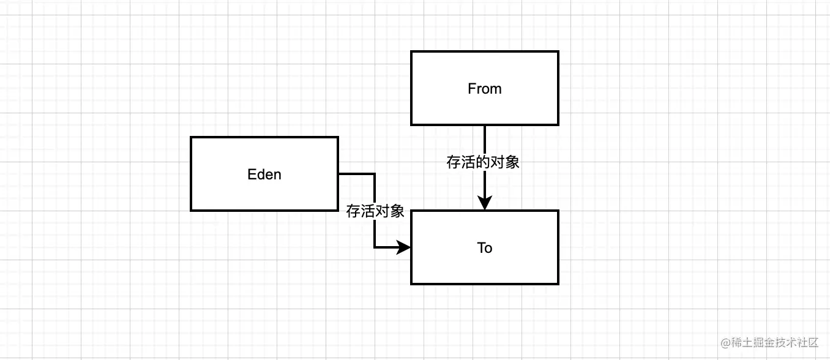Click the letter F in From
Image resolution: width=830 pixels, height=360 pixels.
click(471, 89)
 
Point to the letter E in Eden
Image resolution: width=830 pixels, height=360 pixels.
click(251, 174)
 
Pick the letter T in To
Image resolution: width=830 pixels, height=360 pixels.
click(481, 248)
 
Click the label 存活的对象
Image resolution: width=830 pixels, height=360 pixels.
click(483, 162)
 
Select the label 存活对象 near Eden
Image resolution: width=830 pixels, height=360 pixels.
click(375, 211)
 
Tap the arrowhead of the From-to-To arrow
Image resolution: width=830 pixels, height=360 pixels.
click(485, 203)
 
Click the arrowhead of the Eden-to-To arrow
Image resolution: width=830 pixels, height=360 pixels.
click(403, 247)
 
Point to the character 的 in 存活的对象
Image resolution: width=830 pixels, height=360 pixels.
click(483, 162)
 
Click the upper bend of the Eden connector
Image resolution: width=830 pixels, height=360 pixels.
click(375, 173)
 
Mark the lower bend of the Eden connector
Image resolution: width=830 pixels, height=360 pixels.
click(375, 247)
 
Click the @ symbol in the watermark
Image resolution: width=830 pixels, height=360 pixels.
click(725, 343)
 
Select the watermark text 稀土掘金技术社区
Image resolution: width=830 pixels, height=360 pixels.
click(774, 343)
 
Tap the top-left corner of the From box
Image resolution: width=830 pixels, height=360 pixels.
click(411, 51)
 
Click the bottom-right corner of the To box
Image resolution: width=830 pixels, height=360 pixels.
click(558, 284)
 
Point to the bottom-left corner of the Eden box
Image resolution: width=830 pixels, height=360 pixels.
click(191, 211)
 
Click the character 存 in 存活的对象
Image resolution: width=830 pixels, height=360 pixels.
click(454, 162)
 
